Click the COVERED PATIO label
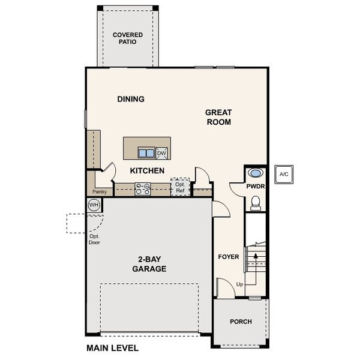click(128, 39)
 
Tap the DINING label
click(131, 99)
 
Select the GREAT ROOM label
click(218, 117)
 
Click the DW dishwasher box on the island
click(161, 153)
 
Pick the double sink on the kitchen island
click(146, 152)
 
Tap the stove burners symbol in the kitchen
click(143, 189)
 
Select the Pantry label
click(98, 192)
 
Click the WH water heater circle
click(94, 205)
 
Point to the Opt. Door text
click(94, 239)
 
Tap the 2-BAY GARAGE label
click(149, 265)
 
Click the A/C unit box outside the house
click(283, 174)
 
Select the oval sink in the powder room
click(256, 173)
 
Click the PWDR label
click(256, 187)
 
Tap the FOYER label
click(229, 257)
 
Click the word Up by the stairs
click(240, 284)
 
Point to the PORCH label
click(241, 322)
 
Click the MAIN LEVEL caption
click(112, 348)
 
